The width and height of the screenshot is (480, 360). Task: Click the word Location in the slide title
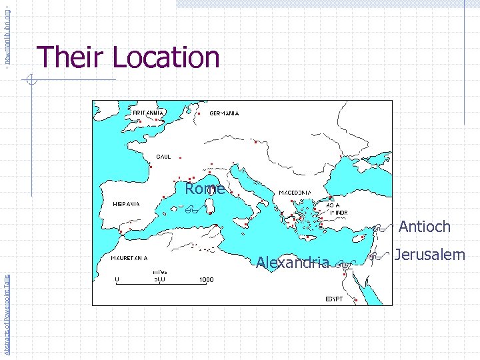tap(167, 57)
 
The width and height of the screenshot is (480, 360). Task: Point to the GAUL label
tap(163, 157)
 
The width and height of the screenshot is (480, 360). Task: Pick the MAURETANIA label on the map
tap(130, 257)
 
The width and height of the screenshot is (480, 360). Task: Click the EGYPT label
tap(334, 299)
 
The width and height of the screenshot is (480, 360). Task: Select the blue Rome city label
tap(205, 189)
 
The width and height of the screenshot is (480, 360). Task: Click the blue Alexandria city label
tap(293, 263)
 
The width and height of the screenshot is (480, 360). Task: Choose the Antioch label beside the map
tap(425, 227)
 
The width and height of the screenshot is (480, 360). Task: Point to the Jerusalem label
tap(429, 255)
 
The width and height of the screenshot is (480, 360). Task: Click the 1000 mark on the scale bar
tap(206, 280)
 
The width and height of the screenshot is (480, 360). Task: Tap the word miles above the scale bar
tap(159, 272)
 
